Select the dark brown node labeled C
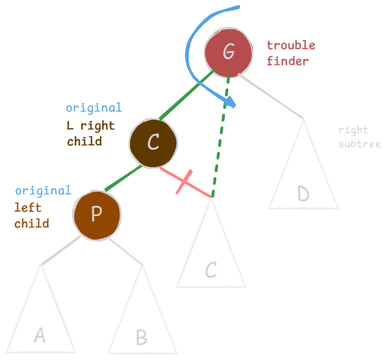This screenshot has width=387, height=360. click(x=153, y=142)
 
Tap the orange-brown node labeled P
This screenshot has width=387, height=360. click(x=97, y=213)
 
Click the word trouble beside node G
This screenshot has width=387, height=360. click(x=291, y=46)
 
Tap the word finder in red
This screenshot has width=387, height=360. click(x=287, y=61)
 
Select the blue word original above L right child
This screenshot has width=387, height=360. click(x=93, y=108)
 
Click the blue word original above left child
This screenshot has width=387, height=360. click(x=43, y=191)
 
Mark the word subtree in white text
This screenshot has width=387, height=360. click(x=360, y=144)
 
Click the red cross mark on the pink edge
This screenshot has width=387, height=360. click(x=182, y=182)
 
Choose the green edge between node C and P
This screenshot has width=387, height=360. click(x=123, y=179)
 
